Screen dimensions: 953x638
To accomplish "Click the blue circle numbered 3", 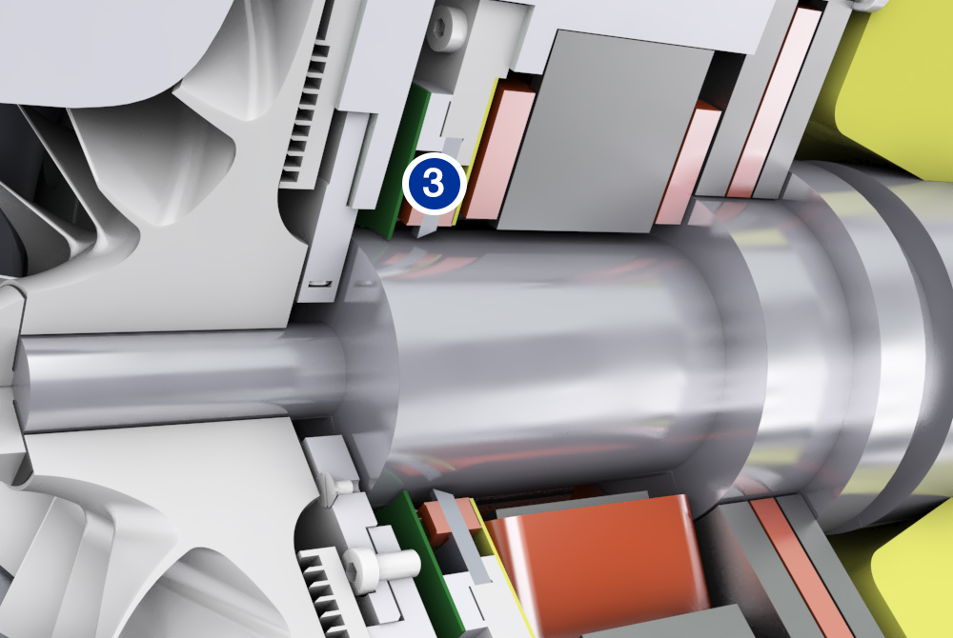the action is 434,184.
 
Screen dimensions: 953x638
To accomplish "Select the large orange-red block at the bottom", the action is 598,566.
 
